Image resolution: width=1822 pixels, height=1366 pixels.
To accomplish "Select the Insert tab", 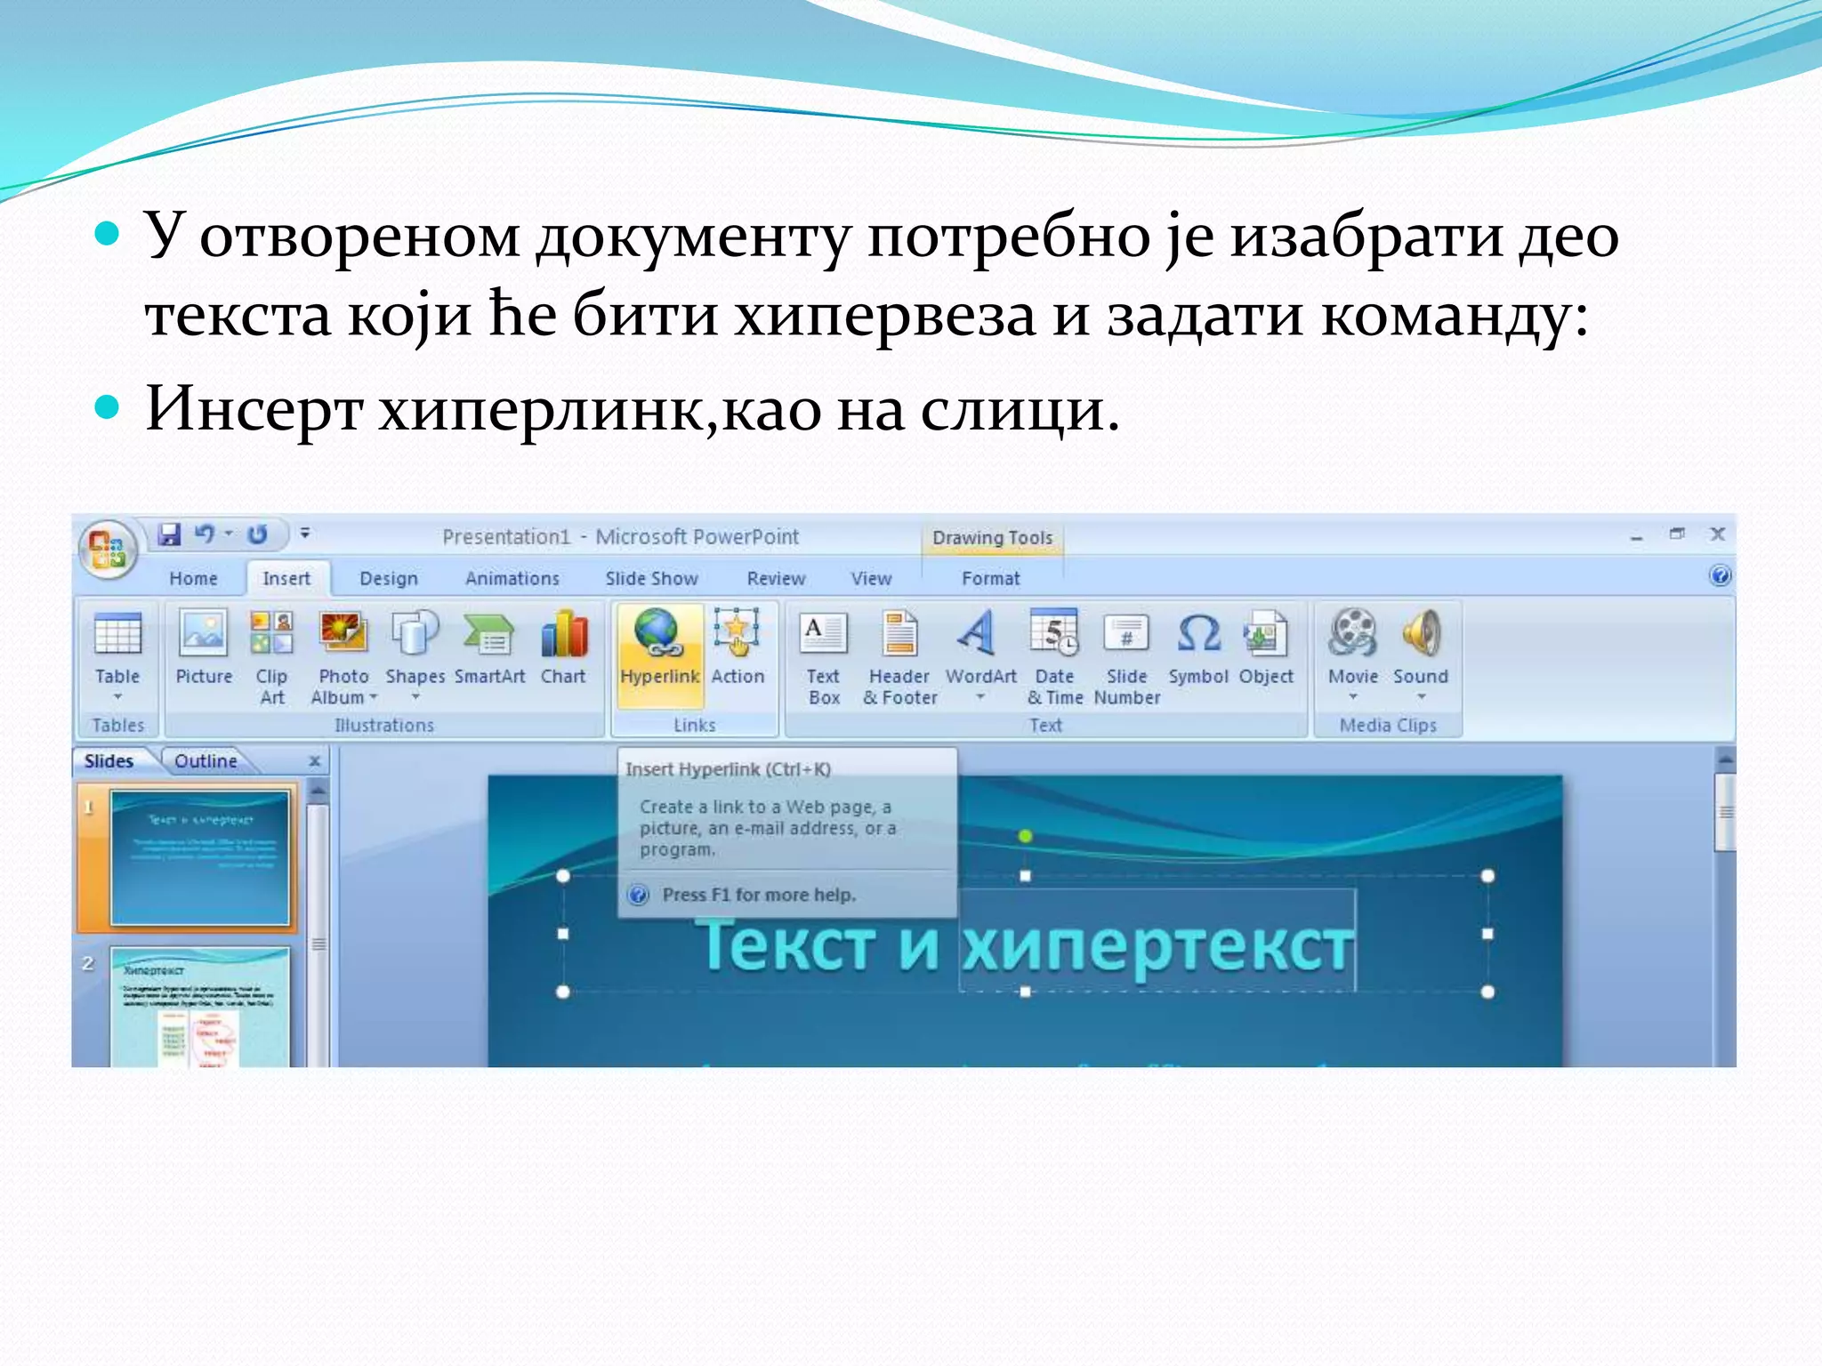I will (286, 579).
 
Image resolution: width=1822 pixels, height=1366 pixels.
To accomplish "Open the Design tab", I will (388, 579).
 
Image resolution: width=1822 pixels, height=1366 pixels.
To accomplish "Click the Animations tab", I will (512, 579).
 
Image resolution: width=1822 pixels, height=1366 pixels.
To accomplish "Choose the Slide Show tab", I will (651, 579).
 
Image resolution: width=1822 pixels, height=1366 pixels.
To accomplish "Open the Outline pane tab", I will (206, 761).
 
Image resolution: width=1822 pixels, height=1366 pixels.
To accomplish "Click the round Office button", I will (108, 548).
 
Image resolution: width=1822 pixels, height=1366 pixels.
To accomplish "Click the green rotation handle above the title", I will (1025, 836).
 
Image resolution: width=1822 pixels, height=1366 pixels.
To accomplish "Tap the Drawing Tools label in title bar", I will (992, 538).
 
